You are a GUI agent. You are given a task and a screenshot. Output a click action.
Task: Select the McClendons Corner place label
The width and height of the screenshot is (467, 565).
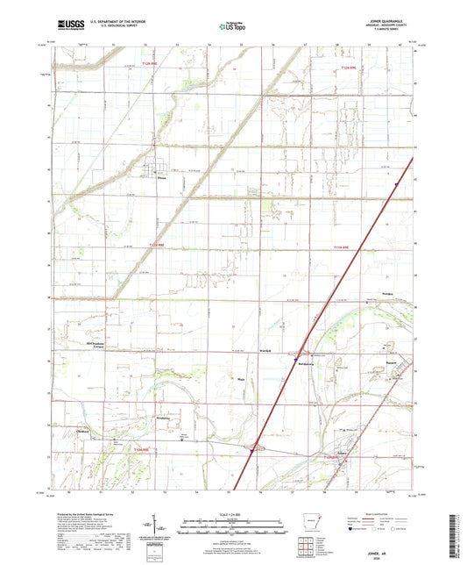(99, 345)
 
